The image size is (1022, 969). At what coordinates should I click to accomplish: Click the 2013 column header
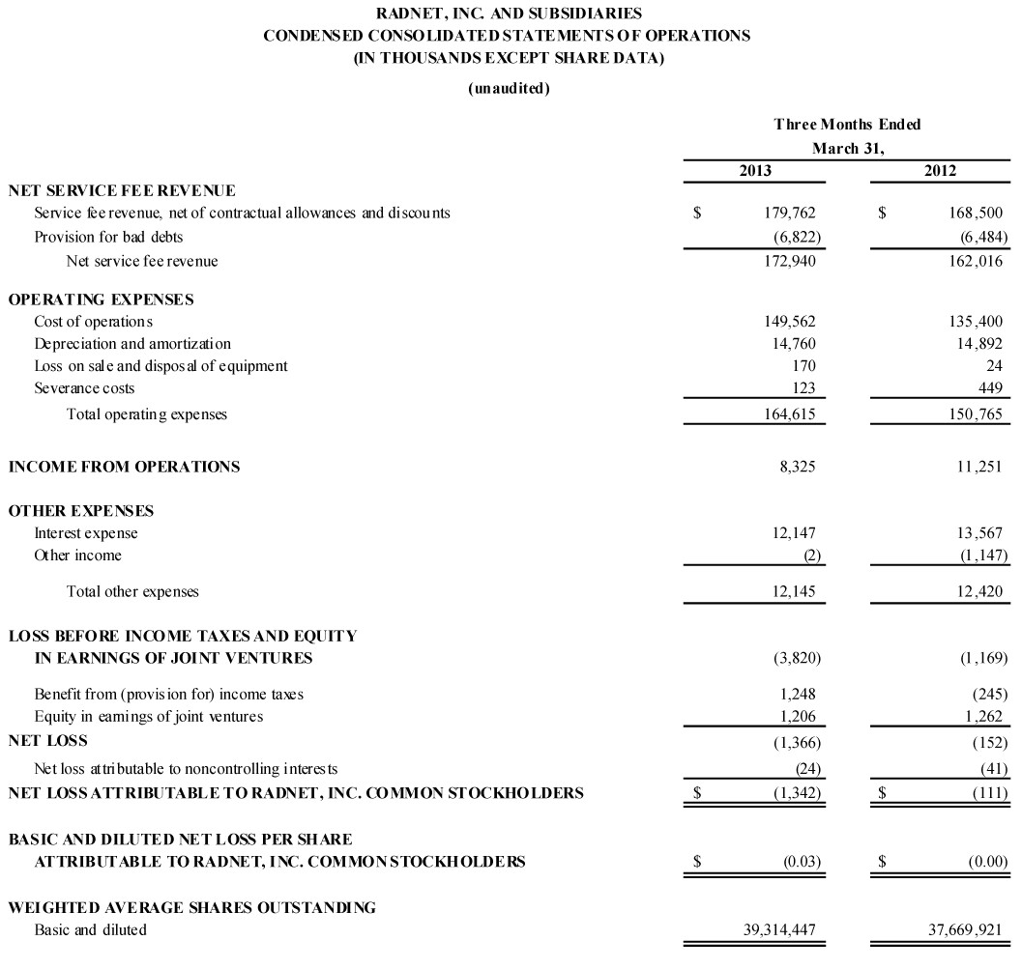[755, 171]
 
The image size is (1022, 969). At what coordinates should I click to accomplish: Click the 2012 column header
[940, 171]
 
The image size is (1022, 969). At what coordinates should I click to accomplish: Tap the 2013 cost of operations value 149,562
[789, 322]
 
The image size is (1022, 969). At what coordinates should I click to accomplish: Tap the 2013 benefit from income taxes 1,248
[796, 694]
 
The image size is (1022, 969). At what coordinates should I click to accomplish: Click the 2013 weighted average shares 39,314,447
[776, 930]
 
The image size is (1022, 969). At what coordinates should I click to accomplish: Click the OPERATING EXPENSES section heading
[101, 299]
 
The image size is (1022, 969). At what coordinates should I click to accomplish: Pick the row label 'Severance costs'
[84, 388]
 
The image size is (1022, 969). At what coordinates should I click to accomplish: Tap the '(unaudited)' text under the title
[510, 89]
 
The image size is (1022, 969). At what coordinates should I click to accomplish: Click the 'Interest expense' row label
[86, 533]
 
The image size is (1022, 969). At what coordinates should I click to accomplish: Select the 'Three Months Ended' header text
[847, 125]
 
